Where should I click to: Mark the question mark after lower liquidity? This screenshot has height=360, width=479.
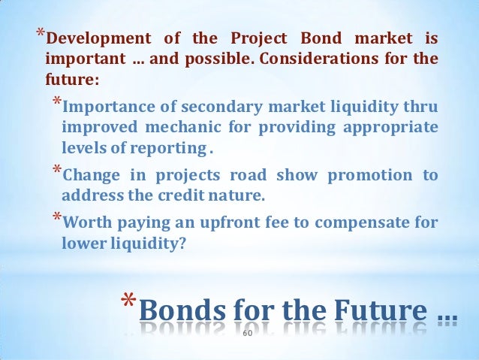pos(180,244)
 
